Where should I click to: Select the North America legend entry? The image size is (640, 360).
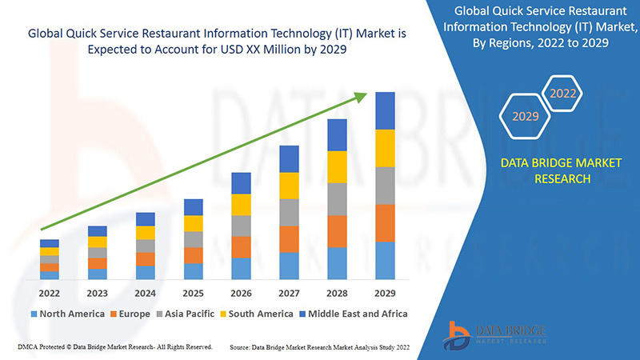click(67, 314)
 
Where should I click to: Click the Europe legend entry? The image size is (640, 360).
click(130, 314)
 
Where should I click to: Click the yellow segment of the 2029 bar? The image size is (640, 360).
click(385, 148)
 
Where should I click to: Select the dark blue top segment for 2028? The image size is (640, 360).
click(337, 134)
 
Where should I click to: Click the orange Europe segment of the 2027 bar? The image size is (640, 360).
click(289, 238)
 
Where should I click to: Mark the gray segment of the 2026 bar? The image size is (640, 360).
click(241, 226)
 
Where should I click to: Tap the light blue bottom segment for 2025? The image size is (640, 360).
click(193, 271)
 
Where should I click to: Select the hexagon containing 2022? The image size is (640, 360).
click(563, 94)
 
